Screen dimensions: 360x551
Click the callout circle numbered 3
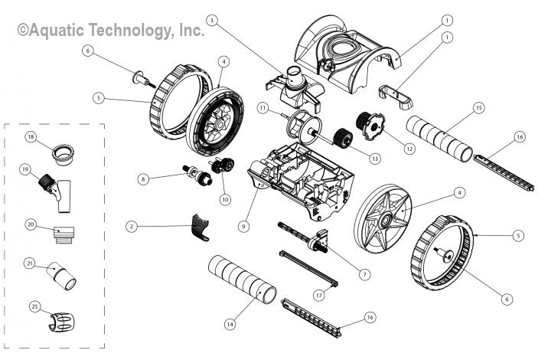[x=212, y=19]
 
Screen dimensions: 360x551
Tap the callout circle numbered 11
[x=262, y=108]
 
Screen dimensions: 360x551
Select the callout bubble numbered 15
[x=479, y=107]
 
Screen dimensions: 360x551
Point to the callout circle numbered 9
[x=243, y=226]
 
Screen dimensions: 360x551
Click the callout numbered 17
[x=319, y=294]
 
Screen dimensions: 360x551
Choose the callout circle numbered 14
[x=229, y=324]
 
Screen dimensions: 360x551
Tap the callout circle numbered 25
[x=31, y=306]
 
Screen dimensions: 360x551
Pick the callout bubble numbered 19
[x=25, y=169]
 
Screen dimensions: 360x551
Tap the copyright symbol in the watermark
[x=23, y=31]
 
